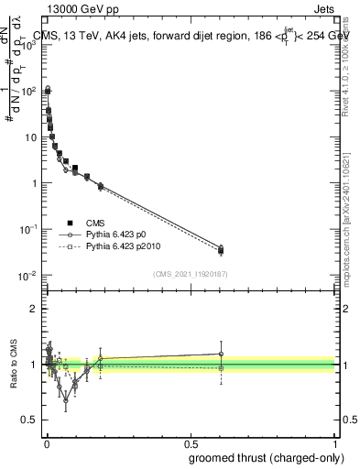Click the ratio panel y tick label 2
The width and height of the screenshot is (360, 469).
tap(33, 309)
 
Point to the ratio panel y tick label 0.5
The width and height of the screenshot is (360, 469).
tap(29, 420)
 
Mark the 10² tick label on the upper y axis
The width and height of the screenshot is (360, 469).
tap(29, 91)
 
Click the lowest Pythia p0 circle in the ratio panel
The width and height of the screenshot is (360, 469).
tap(66, 400)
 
